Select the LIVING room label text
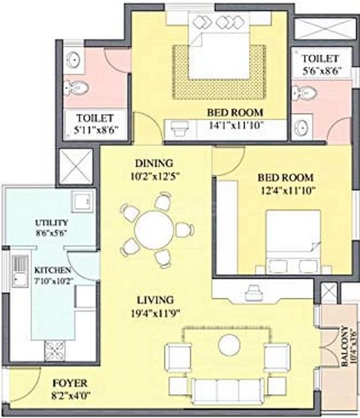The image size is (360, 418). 155,300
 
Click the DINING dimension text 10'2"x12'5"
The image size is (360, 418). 155,175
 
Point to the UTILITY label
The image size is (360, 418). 51,222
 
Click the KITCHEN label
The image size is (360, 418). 53,269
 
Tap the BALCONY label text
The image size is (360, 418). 346,347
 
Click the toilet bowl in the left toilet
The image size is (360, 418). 73,86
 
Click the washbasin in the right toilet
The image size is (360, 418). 302,128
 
